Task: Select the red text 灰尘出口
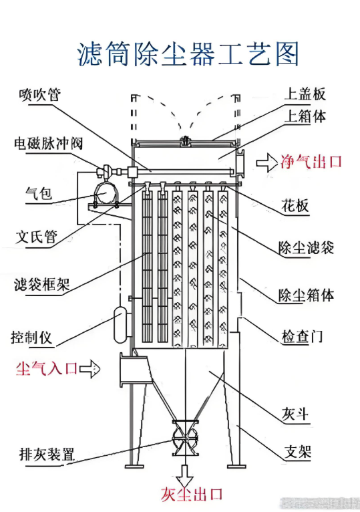pos(191,495)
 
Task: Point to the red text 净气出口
pos(312,161)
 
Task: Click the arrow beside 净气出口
pos(267,161)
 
